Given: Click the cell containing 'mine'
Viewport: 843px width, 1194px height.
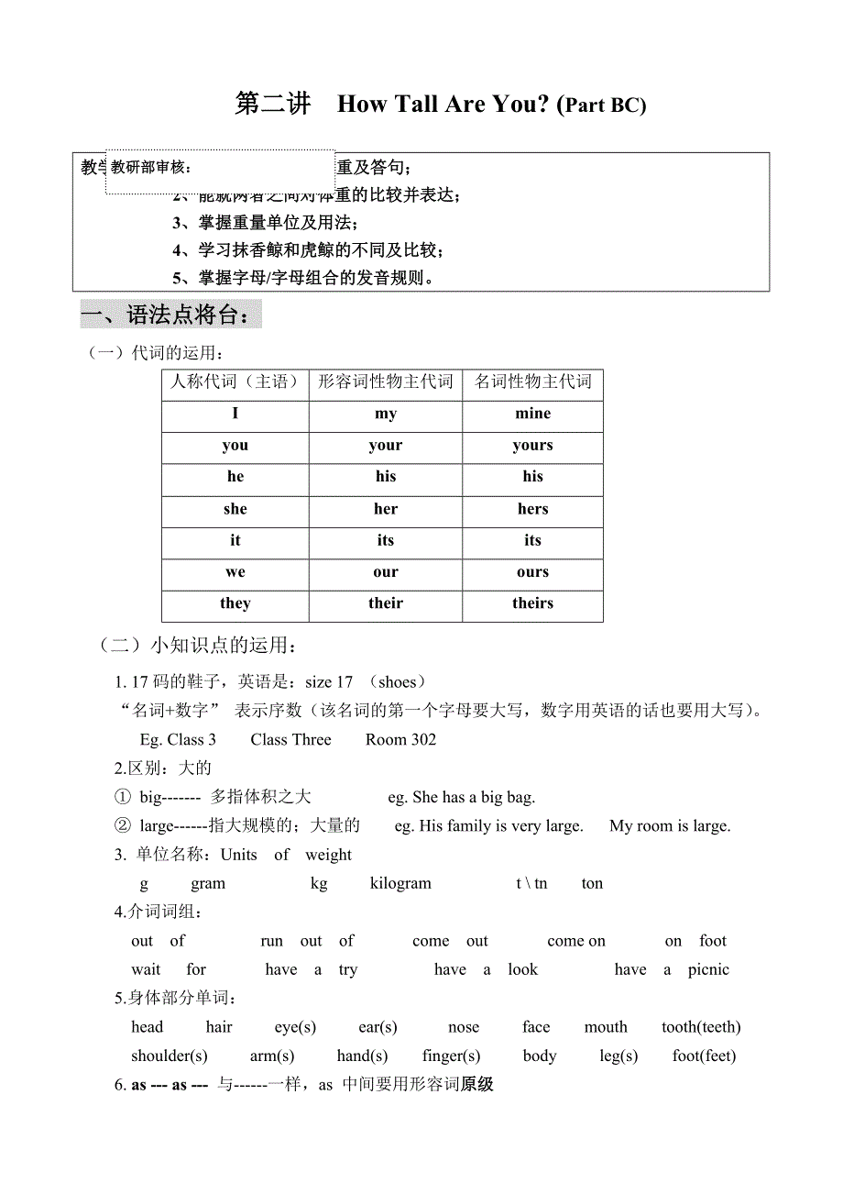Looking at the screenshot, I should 532,414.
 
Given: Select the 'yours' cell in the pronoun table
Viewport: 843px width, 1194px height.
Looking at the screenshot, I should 532,446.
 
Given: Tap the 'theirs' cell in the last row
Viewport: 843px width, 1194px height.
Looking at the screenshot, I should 532,603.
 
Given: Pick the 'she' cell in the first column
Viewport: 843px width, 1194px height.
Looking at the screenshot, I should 235,509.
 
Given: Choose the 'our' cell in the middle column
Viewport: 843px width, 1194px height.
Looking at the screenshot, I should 386,572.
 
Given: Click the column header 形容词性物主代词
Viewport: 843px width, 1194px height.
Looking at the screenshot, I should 386,381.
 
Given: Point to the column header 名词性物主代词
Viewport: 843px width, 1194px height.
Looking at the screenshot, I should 532,381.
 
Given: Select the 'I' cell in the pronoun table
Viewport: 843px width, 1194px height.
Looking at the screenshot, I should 235,414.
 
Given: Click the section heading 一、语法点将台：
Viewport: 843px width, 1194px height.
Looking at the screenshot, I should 171,315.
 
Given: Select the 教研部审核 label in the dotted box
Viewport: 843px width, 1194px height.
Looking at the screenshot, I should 151,167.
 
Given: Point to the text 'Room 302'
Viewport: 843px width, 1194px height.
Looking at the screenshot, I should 400,740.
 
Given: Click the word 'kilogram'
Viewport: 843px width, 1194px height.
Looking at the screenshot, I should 400,883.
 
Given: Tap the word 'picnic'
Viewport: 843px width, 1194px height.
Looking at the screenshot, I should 708,969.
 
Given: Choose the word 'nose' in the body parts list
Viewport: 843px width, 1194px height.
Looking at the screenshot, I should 464,1027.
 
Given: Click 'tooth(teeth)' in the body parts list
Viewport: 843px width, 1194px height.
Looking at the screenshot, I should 701,1027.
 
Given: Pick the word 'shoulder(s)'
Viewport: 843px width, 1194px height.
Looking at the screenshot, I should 170,1056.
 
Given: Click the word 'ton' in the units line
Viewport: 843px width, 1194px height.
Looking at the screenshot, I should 592,883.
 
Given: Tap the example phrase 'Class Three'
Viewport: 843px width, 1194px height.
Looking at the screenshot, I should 290,740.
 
